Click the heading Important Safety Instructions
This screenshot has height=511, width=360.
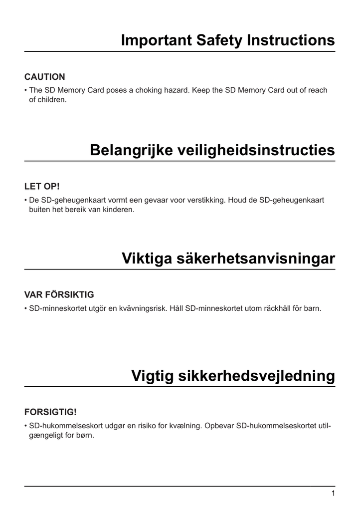pos(228,40)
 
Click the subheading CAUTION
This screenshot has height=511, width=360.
pos(44,77)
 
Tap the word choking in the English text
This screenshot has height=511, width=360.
pos(150,90)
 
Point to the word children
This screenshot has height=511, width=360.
pos(52,100)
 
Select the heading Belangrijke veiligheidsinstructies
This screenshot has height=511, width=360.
pos(212,150)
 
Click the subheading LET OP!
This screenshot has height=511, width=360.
pos(42,187)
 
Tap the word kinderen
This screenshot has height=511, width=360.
pos(119,210)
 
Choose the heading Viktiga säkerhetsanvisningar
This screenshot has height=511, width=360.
pos(228,258)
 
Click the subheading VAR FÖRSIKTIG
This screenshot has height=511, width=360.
pos(59,294)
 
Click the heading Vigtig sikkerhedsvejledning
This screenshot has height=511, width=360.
pos(233,376)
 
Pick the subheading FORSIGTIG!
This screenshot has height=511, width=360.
pos(50,412)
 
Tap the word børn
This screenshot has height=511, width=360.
pos(85,435)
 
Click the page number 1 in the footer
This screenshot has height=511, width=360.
pos(333,494)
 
